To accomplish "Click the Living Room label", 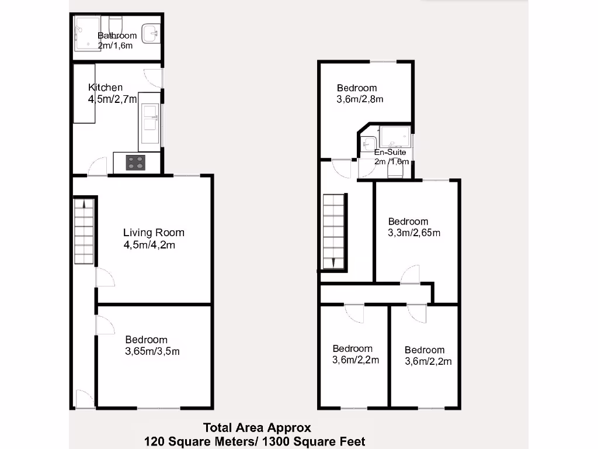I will [154, 233].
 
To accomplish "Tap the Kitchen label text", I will [105, 88].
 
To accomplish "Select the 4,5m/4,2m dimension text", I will [149, 245].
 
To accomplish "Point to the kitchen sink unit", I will [150, 120].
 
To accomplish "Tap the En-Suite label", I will [390, 153].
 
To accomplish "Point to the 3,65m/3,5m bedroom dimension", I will [152, 351].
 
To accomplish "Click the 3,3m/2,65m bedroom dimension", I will [414, 233].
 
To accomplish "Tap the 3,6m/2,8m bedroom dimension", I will [360, 99].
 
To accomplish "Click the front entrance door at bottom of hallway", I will [84, 399].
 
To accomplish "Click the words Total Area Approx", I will [257, 428].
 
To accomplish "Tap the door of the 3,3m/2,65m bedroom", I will [410, 275].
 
